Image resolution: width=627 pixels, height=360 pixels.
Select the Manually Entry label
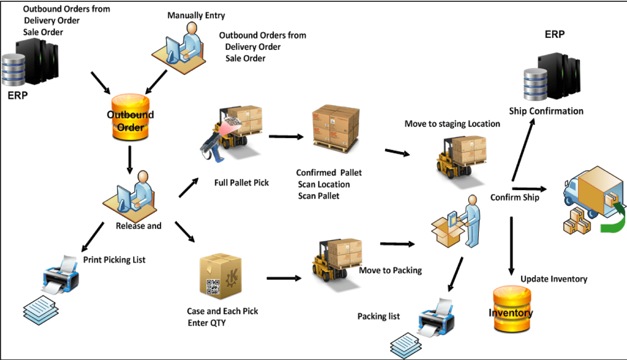pyautogui.click(x=196, y=16)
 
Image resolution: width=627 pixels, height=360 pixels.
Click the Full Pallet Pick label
pyautogui.click(x=241, y=183)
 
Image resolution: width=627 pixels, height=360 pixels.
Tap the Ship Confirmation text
pyautogui.click(x=546, y=111)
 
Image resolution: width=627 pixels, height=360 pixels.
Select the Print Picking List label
pyautogui.click(x=114, y=259)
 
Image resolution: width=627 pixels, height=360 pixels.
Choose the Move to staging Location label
pyautogui.click(x=452, y=124)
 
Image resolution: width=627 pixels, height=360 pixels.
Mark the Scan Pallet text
pyautogui.click(x=318, y=196)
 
